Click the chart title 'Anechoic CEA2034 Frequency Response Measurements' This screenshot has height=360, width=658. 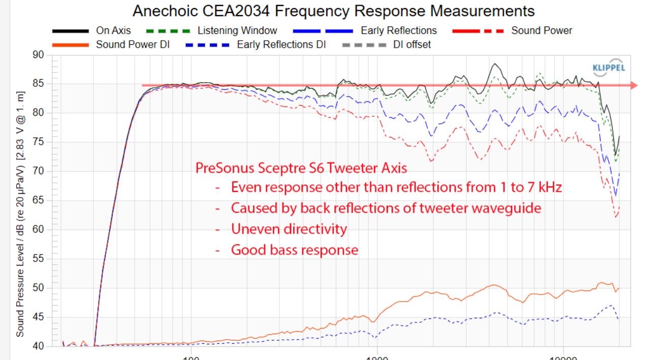(333, 11)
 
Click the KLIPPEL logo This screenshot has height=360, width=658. (609, 68)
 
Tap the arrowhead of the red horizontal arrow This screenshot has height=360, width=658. (633, 85)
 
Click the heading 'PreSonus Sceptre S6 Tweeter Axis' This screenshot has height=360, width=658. (301, 168)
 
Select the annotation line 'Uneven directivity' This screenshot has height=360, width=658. (289, 229)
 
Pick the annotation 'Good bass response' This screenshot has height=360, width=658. (295, 250)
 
